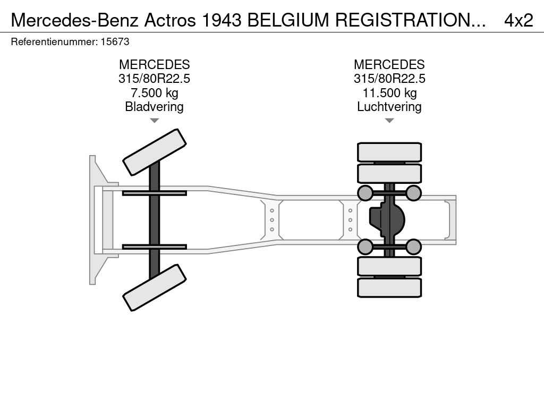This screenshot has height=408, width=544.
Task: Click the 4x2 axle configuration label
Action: coord(518,20)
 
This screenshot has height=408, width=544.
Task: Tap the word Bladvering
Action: coord(154,107)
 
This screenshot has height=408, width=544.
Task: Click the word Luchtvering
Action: coord(389,107)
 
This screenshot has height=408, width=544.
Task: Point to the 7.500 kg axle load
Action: coord(154,93)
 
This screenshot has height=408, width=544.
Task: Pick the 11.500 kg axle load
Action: coord(389,93)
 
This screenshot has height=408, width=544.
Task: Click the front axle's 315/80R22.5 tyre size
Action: coord(154,79)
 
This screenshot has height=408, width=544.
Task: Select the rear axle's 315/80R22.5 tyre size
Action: coord(389,79)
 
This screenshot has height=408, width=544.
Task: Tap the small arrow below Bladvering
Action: coord(154,121)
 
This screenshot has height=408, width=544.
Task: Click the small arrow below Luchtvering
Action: coord(389,121)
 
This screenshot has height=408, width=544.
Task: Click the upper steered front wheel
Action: coord(155,152)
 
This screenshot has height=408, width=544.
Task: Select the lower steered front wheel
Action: coord(155,287)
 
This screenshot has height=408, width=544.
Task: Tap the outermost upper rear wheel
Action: coord(389,152)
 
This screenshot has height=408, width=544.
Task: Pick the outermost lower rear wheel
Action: coord(389,287)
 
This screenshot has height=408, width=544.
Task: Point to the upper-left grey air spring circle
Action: coord(365,193)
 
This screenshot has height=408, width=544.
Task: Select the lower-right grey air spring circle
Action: coord(413,246)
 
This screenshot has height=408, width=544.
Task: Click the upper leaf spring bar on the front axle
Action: coord(154,193)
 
